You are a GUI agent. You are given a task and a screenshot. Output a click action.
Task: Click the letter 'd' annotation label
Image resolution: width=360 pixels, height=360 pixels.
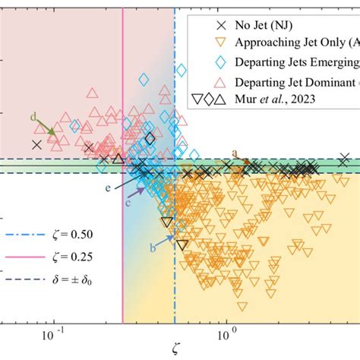coord(33,116)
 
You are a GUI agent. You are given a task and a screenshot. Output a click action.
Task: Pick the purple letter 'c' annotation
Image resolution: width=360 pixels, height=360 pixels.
coord(128,202)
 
